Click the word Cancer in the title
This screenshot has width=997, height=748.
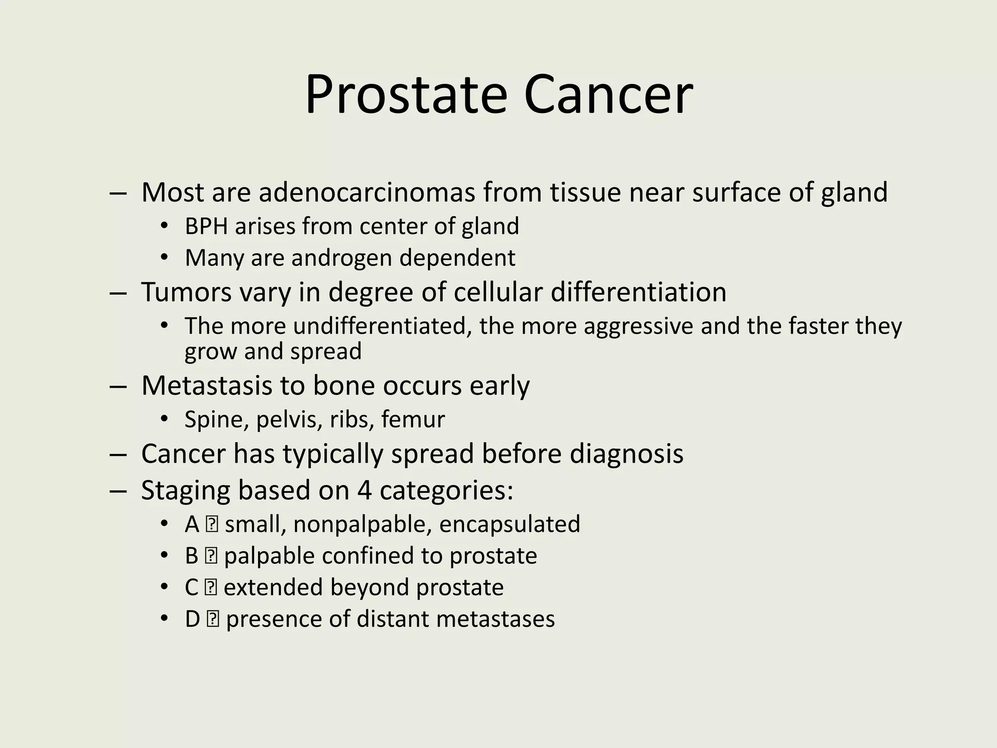point(608,95)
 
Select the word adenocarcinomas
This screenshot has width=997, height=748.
point(367,192)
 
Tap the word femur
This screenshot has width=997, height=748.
point(413,419)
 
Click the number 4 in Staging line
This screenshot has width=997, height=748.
point(364,490)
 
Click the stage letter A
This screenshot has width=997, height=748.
point(192,524)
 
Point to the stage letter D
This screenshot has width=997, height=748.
point(193,619)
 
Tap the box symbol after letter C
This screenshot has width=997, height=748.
point(211,588)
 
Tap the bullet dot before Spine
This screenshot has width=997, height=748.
point(164,419)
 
